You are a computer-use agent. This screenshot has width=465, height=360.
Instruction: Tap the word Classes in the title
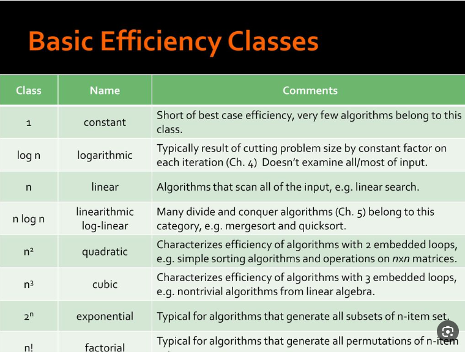tap(273, 42)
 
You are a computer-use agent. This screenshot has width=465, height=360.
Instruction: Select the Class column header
tap(29, 90)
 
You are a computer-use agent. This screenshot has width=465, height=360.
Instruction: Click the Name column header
tap(105, 90)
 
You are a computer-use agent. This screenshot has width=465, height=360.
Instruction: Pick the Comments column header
tap(310, 90)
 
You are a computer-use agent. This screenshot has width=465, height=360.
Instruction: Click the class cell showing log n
tap(29, 155)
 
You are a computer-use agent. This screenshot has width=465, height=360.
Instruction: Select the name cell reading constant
tap(105, 122)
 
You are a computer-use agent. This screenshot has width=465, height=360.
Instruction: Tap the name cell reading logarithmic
tap(105, 155)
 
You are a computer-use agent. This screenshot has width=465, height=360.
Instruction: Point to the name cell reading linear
tap(105, 187)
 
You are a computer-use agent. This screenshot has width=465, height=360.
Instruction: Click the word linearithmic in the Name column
tap(105, 211)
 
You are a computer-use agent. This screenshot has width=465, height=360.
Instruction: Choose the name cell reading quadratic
tap(105, 251)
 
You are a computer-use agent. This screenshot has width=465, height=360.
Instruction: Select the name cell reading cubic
tap(105, 284)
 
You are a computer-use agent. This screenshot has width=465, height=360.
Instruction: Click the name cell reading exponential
tap(105, 317)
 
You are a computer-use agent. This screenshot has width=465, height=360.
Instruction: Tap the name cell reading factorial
tap(105, 347)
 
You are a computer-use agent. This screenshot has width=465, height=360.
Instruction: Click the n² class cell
tap(29, 251)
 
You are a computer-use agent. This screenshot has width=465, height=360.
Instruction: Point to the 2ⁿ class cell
tap(29, 317)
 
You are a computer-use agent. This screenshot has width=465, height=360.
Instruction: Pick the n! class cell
tap(29, 347)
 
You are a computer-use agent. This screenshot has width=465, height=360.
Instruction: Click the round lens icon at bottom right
tap(448, 332)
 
